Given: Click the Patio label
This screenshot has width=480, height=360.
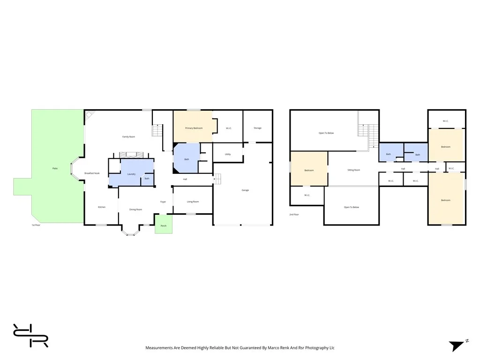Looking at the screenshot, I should pyautogui.click(x=55, y=168).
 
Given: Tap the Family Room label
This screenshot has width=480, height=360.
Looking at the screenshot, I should pyautogui.click(x=128, y=137).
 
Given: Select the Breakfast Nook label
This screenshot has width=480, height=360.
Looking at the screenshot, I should pyautogui.click(x=92, y=173).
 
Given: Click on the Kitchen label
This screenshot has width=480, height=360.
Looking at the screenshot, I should pyautogui.click(x=101, y=207).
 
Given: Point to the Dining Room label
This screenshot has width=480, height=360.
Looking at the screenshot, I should pyautogui.click(x=135, y=210).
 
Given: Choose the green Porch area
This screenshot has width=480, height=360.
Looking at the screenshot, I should pyautogui.click(x=164, y=225).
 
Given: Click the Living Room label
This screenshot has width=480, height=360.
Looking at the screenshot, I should pyautogui.click(x=193, y=202).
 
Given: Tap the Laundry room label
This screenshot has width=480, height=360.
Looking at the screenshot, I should pyautogui.click(x=131, y=174).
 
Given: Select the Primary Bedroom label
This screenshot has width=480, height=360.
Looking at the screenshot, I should pyautogui.click(x=194, y=128).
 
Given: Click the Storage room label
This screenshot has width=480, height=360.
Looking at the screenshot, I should pyautogui.click(x=257, y=128).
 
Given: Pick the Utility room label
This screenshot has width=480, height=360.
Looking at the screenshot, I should pyautogui.click(x=228, y=154).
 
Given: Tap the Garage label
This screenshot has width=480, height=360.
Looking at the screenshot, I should pyautogui.click(x=245, y=190).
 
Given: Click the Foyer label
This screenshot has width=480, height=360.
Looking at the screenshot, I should pyautogui.click(x=163, y=202).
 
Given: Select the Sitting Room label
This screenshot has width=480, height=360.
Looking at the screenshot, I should pyautogui.click(x=353, y=170).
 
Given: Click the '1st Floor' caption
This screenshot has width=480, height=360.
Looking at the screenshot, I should pyautogui.click(x=36, y=225).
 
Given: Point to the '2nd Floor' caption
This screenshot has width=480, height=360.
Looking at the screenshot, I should pyautogui.click(x=294, y=214).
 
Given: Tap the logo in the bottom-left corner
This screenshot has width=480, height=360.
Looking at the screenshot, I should pyautogui.click(x=30, y=336).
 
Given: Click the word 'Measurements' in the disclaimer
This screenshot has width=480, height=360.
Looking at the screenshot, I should pyautogui.click(x=158, y=348).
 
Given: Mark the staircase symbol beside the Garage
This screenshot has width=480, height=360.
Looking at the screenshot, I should pyautogui.click(x=217, y=179).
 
